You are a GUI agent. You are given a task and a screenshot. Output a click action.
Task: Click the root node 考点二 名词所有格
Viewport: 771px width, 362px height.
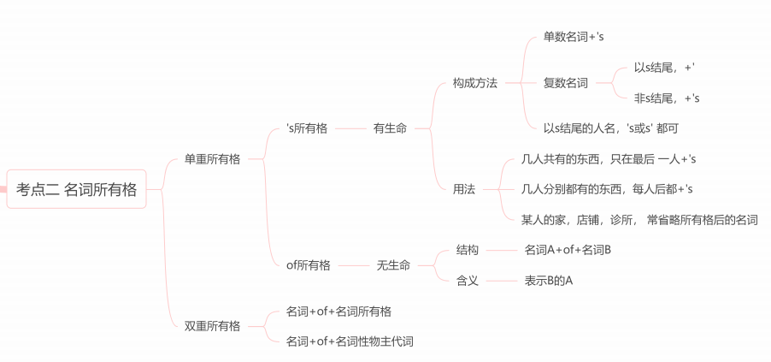[76, 190]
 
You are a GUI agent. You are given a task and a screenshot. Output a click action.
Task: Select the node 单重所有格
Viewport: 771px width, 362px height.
[212, 159]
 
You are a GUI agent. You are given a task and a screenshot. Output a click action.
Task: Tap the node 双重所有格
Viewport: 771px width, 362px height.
[212, 325]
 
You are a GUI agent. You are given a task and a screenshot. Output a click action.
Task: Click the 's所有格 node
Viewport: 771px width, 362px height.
[307, 128]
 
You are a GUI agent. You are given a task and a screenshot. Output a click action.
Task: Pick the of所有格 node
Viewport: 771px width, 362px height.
[308, 265]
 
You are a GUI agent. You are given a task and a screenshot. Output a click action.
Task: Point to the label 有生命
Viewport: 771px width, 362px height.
[390, 128]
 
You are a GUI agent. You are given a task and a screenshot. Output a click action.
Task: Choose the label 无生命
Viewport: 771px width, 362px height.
[393, 265]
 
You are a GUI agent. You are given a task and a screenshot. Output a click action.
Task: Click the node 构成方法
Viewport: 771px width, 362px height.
[474, 83]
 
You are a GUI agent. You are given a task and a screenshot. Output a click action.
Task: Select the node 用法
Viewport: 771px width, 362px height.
[464, 189]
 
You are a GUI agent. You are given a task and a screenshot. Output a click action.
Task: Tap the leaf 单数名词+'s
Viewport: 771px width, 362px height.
[574, 38]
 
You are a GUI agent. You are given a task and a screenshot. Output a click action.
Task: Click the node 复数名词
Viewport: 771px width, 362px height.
[565, 83]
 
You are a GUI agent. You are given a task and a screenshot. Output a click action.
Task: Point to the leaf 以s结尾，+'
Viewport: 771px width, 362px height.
[669, 67]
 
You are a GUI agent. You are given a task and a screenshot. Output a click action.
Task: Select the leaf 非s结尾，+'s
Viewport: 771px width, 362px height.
[667, 98]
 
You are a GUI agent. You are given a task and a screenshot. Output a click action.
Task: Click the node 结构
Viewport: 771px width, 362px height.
[468, 250]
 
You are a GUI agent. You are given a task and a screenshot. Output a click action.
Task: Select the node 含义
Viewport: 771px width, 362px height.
[468, 281]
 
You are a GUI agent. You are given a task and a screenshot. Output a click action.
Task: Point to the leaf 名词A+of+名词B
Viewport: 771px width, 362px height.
[568, 250]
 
